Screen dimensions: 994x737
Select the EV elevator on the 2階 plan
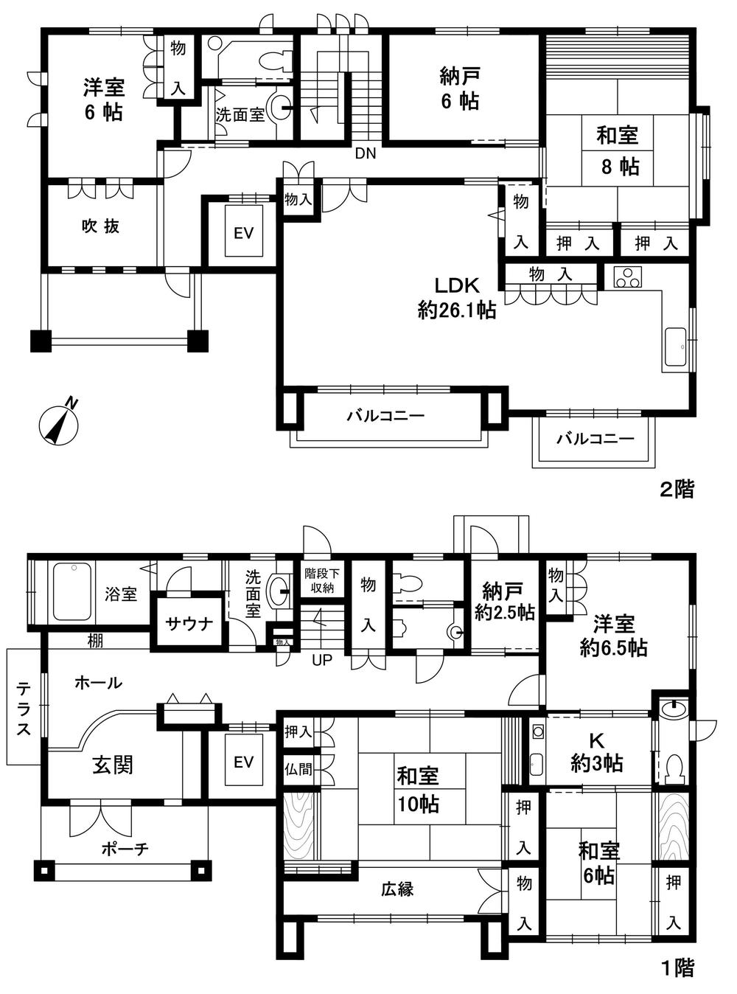(243, 233)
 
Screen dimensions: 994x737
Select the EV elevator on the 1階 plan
(243, 762)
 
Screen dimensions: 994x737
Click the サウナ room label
(189, 623)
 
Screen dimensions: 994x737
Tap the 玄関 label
(113, 765)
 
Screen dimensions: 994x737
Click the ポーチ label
(125, 849)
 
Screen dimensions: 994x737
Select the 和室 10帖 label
(418, 789)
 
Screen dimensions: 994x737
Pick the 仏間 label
(298, 769)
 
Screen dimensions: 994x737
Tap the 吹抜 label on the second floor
(99, 226)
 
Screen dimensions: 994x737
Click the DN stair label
(365, 153)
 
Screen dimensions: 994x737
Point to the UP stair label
(322, 660)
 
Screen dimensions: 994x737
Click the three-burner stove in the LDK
(628, 277)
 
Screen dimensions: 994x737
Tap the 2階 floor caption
(676, 489)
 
